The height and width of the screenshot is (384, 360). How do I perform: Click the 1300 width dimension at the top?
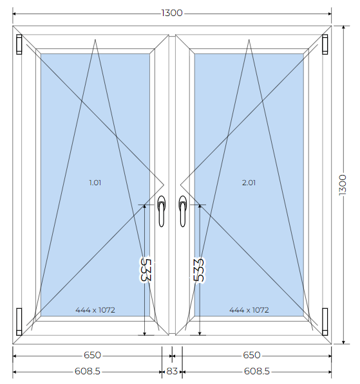point(172,13)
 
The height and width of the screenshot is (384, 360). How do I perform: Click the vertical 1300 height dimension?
point(343,185)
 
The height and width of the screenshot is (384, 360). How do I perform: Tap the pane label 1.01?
point(95,183)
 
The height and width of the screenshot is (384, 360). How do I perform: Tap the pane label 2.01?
point(249,183)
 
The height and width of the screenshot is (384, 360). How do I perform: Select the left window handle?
point(161,211)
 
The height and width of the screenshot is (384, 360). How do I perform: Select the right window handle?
point(182,211)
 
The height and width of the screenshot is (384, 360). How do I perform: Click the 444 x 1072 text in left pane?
point(95,310)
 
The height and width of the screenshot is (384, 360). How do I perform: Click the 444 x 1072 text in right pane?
point(249,310)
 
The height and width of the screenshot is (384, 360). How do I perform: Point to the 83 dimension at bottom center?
point(172,371)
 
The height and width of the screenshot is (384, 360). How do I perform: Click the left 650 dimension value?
point(93,355)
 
